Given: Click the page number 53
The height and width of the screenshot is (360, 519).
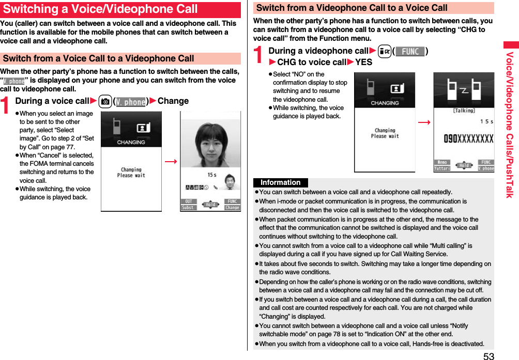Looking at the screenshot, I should pos(489,355).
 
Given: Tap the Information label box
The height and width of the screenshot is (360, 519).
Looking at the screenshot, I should pos(280,182).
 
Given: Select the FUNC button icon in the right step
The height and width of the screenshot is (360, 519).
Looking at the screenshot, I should pos(410,51).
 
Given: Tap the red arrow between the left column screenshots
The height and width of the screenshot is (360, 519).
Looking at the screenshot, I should pos(171,162).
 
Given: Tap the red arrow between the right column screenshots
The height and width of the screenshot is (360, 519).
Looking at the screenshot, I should pos(424,122).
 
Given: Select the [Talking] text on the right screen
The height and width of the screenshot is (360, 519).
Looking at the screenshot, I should pos(464,110).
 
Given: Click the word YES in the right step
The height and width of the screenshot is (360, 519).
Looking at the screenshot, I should pos(363,62).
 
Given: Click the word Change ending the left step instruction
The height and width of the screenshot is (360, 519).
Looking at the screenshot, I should pos(173,101).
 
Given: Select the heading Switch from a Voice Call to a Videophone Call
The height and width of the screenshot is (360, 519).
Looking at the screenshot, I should pos(99,58).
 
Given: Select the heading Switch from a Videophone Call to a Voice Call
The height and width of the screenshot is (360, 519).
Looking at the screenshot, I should pos(352,8).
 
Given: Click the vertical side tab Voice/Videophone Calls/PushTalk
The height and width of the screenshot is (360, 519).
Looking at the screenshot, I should pos(510,124).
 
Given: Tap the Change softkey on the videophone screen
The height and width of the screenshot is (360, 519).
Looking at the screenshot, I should pos(232,208).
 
